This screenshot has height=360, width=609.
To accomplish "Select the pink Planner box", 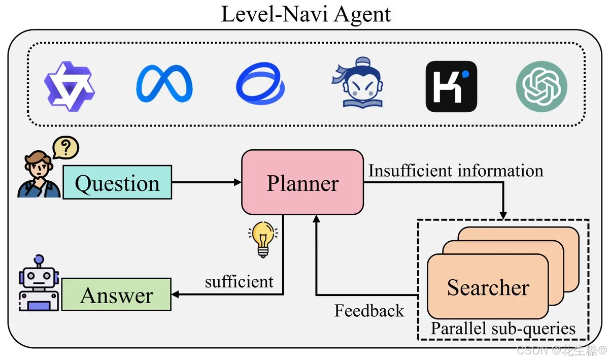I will point(302,183).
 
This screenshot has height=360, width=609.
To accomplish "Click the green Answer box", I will point(116,295).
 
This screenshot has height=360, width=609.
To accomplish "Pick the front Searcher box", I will point(488,287).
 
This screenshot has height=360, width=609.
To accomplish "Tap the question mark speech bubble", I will point(65,148).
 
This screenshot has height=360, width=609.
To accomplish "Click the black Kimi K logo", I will point(451,86).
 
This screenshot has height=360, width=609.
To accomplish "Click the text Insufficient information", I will point(455,171).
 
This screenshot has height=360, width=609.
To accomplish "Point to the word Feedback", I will point(369,311).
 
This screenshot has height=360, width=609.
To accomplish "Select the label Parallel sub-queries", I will point(502,329).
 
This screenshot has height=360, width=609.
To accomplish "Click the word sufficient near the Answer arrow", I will point(239,281).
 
